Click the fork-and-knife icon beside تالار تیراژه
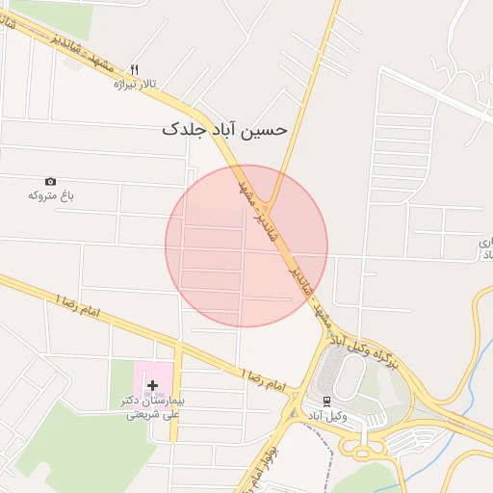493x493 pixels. click(x=134, y=70)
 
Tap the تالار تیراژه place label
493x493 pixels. click(x=135, y=85)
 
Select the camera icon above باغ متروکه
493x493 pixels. click(x=50, y=181)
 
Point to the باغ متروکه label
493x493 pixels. click(x=51, y=195)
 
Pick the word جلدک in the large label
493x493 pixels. click(x=183, y=129)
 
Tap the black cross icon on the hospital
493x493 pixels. click(x=152, y=385)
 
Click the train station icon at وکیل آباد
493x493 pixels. click(x=327, y=401)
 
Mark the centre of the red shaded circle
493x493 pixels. click(x=246, y=246)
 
